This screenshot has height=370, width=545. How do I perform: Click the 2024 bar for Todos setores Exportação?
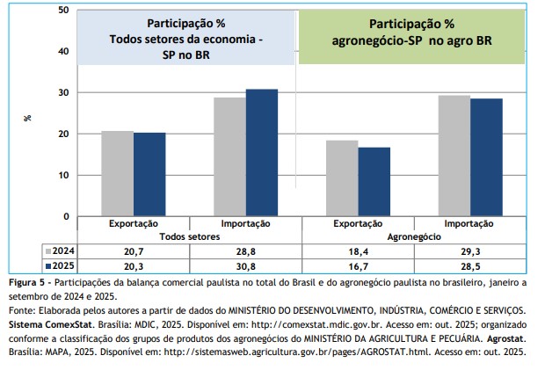point(118,173)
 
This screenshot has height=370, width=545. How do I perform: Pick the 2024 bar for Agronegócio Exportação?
point(342,178)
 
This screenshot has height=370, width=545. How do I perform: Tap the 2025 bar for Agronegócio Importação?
point(486,157)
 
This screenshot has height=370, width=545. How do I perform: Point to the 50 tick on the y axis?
point(63,10)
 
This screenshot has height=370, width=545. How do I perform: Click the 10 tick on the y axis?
point(63,175)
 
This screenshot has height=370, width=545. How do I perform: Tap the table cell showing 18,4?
point(358,250)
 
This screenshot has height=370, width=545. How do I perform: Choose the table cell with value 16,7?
point(358,265)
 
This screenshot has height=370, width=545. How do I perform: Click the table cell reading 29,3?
point(469,250)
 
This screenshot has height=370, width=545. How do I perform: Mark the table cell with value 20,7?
point(134,250)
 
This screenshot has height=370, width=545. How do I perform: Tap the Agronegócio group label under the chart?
point(413,237)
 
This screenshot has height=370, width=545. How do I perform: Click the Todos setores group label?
point(189,237)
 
